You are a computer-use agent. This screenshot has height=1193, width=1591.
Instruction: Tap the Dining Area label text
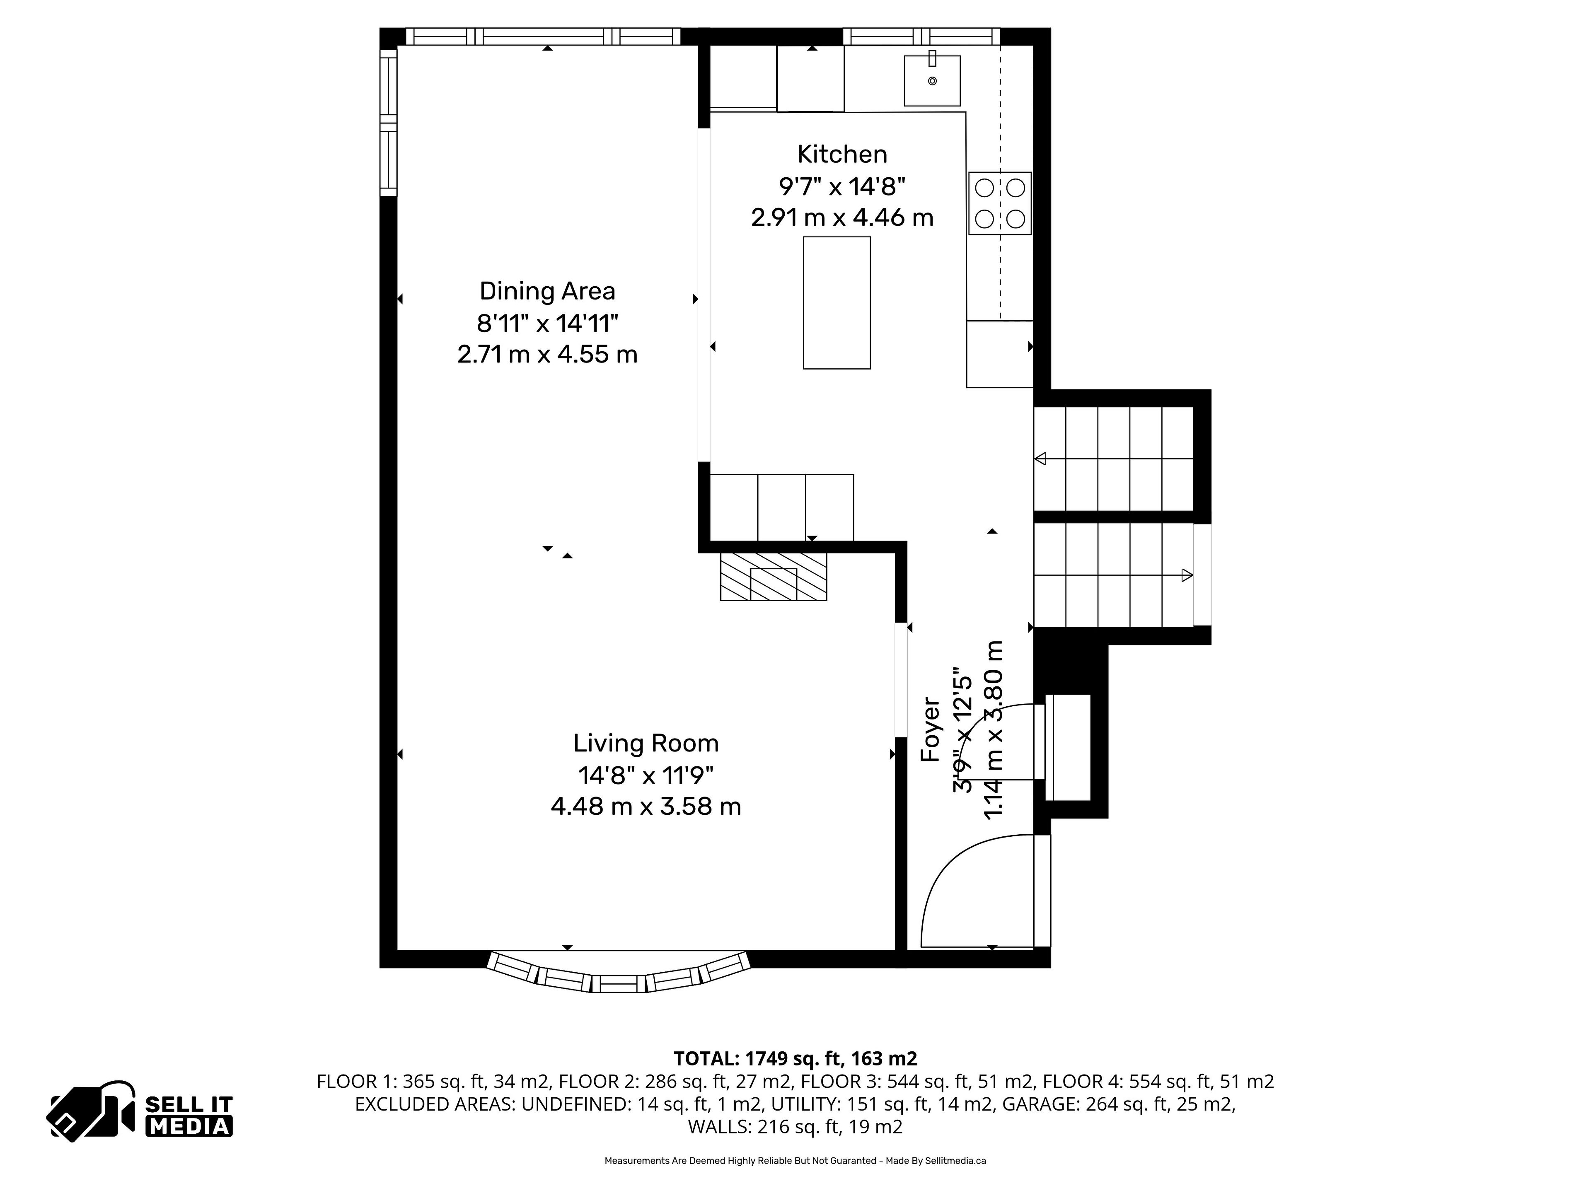point(547,291)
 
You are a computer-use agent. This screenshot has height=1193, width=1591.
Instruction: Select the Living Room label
point(646,743)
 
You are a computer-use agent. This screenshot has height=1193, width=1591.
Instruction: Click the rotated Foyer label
point(931,729)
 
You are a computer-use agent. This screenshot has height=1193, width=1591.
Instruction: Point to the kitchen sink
point(932,80)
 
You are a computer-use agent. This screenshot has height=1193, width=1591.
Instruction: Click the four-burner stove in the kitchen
point(1000,203)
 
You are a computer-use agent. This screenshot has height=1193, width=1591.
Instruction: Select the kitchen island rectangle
point(837,303)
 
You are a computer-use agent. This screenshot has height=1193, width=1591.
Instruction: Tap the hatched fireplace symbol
point(774,576)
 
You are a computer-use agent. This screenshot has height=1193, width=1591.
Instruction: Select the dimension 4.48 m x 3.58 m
point(646,806)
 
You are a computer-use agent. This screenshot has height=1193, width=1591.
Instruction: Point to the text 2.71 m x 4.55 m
point(547,355)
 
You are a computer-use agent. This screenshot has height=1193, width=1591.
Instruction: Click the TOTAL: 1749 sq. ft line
point(795,1058)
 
